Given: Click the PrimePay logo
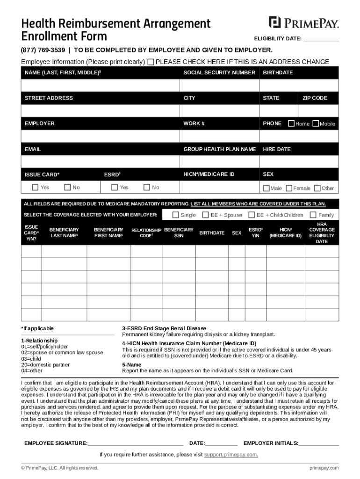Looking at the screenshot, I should click(x=303, y=22).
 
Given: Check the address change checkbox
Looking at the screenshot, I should click(x=151, y=62).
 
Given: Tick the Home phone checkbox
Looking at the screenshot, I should click(x=291, y=123).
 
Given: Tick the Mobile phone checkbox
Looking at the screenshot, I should click(x=316, y=123).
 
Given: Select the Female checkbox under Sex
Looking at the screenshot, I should click(x=289, y=188).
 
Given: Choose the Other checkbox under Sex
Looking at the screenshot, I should click(x=317, y=188).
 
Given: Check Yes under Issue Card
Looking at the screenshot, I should click(x=35, y=187).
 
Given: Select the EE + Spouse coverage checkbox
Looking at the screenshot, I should click(x=205, y=215).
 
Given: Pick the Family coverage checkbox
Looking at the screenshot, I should click(x=313, y=215).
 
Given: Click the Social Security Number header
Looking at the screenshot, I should click(x=219, y=73).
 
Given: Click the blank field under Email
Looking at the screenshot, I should click(x=100, y=161).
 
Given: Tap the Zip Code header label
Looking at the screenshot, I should click(x=315, y=98).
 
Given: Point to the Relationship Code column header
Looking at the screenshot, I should click(x=146, y=233).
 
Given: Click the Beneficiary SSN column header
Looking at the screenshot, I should click(x=179, y=233).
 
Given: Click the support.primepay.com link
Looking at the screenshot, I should click(x=231, y=455).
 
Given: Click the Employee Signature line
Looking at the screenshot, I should click(x=135, y=443).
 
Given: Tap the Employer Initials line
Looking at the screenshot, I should click(x=319, y=443).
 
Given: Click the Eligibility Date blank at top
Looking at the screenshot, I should click(x=321, y=39).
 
